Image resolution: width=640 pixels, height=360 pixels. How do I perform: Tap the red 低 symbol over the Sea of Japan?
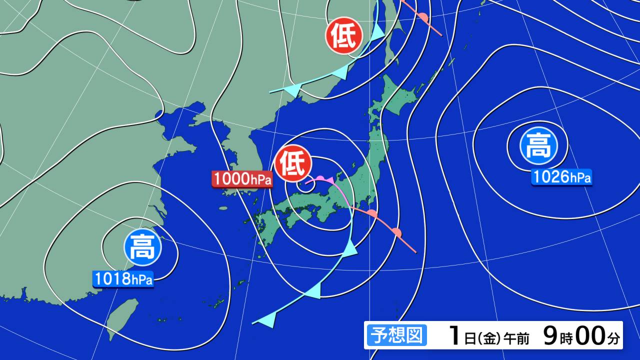[x=293, y=163]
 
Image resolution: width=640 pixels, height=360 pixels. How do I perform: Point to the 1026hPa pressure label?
[x=561, y=177]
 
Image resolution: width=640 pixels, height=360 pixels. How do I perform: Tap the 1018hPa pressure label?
[x=123, y=279]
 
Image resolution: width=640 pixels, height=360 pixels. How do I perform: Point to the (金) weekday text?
[x=489, y=339]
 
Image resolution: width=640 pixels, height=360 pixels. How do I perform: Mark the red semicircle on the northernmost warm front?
[x=423, y=18]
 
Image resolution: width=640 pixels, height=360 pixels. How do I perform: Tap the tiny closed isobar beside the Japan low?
[x=307, y=186]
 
